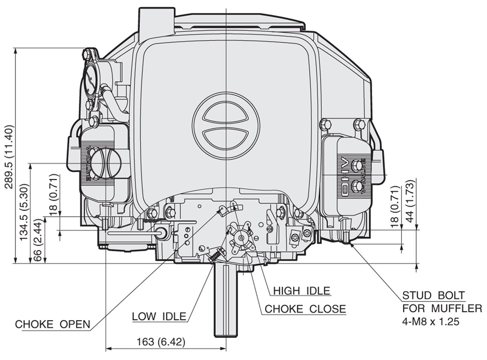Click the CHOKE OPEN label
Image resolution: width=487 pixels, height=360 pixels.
tap(52, 324)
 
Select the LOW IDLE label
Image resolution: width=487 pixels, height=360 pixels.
tap(159, 316)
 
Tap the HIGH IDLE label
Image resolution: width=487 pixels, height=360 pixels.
tap(301, 291)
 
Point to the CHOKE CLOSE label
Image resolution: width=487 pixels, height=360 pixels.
tap(305, 309)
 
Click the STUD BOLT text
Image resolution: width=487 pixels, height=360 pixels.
tap(434, 295)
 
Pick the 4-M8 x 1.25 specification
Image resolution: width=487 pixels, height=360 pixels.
tap(430, 322)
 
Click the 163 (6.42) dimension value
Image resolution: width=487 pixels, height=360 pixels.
tap(161, 342)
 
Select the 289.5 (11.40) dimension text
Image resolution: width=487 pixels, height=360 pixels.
tap(9, 157)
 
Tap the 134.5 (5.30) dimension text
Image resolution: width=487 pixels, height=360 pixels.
tap(24, 212)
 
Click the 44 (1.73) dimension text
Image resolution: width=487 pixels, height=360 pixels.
tap(410, 201)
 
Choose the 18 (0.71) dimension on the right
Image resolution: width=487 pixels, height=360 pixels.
tap(395, 207)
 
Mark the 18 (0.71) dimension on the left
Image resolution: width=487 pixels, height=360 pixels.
tap(53, 195)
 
